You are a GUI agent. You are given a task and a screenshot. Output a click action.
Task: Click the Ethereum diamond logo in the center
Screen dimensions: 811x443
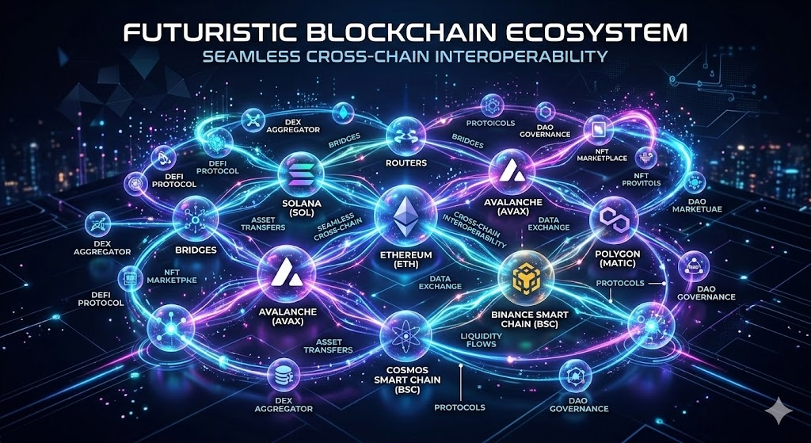[405, 213]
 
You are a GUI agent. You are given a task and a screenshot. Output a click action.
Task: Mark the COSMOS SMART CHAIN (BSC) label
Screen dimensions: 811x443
[405, 380]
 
